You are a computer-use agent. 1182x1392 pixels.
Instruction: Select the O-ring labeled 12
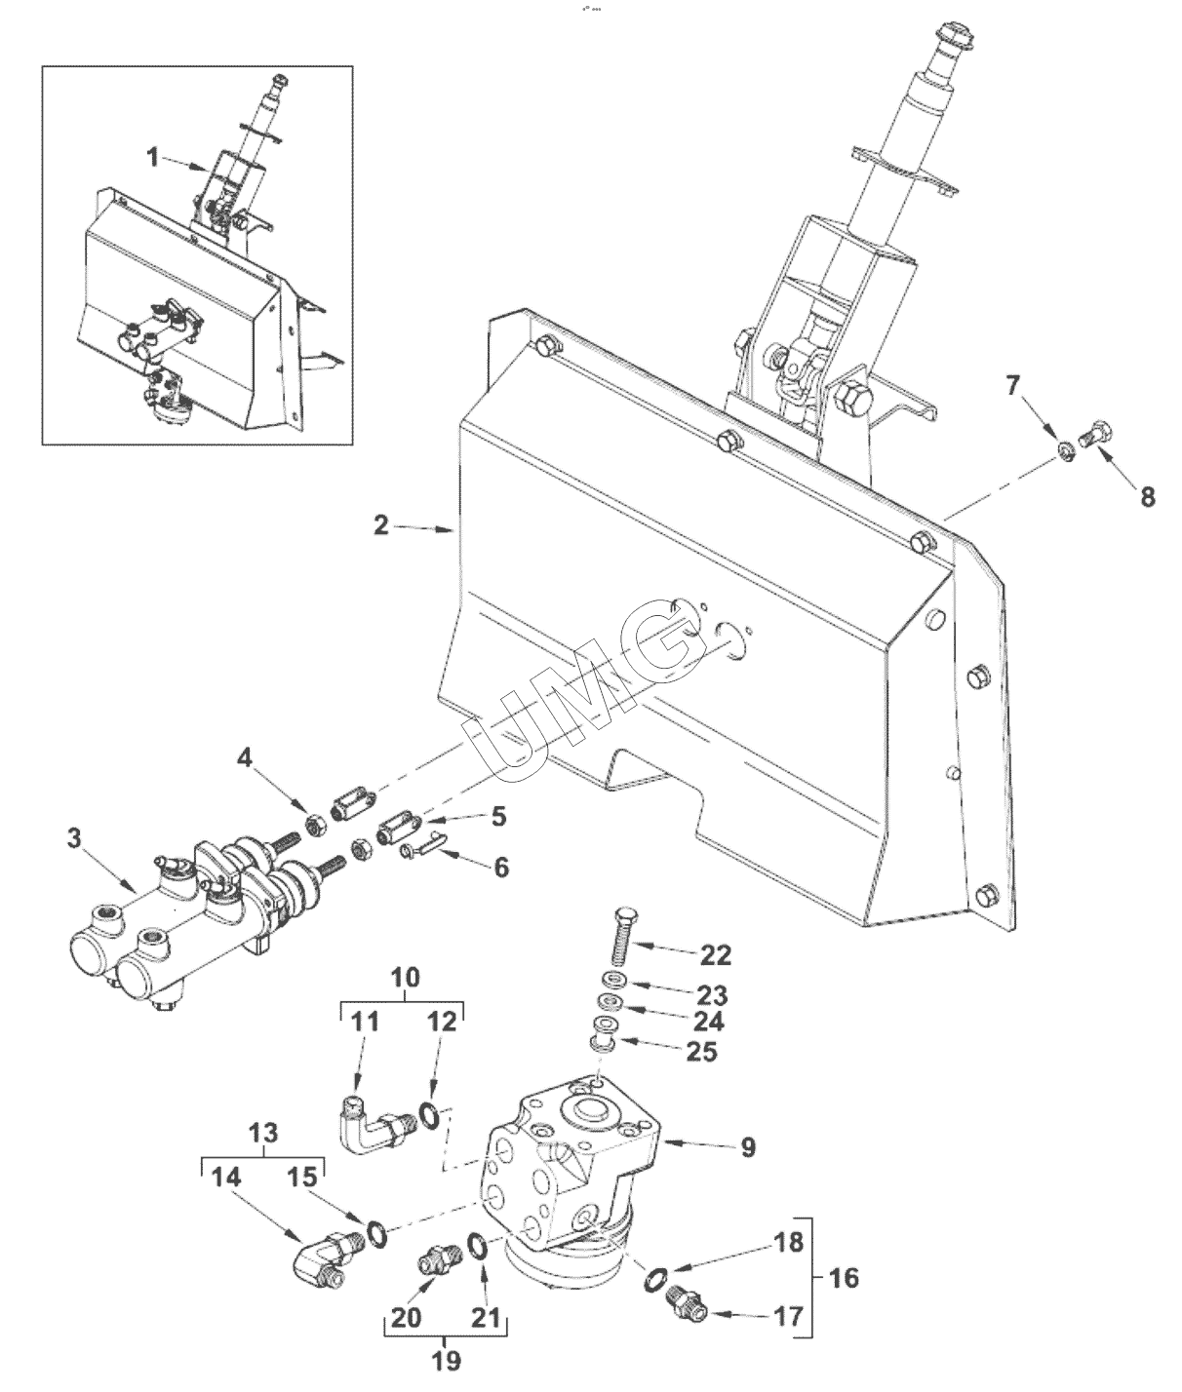tap(430, 1115)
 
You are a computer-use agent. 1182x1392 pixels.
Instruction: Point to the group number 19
tap(446, 1361)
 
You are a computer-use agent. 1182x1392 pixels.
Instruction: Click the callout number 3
tap(74, 838)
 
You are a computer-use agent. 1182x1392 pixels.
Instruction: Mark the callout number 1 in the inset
tap(153, 158)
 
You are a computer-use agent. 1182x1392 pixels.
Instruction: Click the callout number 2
tap(381, 524)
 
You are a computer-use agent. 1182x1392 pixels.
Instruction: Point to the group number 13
tap(263, 1133)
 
